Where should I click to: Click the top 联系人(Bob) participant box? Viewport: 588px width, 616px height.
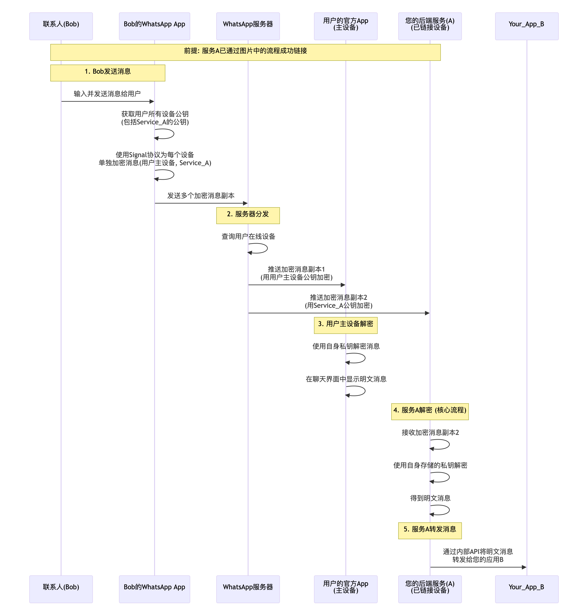pos(61,26)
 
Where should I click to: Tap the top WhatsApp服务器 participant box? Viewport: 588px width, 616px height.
pos(248,26)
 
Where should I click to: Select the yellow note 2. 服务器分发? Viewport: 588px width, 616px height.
pos(248,215)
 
